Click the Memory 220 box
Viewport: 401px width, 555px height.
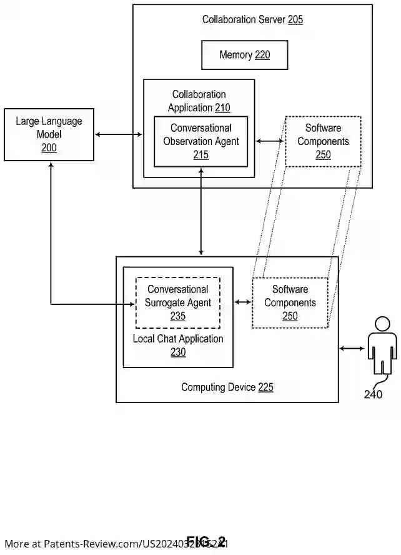tap(244, 55)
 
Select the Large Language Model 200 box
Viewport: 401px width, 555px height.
tap(49, 134)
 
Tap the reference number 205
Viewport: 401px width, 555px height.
tap(295, 19)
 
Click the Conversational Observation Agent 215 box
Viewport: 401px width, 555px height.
tap(200, 141)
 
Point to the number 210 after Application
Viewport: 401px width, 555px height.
tap(222, 108)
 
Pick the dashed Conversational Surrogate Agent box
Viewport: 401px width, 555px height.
tap(178, 302)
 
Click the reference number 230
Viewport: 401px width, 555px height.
tap(178, 352)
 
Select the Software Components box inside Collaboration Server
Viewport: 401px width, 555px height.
tap(323, 141)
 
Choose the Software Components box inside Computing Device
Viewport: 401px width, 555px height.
tap(290, 302)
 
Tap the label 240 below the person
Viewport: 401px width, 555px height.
tap(373, 394)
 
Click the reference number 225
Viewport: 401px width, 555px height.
tap(265, 387)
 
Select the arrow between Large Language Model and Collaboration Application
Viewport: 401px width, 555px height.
tap(119, 134)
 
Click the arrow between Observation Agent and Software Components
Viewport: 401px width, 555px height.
tap(270, 141)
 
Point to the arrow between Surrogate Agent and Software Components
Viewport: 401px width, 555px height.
tap(243, 302)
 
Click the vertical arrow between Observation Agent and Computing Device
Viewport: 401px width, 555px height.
tap(201, 212)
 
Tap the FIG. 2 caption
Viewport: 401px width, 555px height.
tap(205, 541)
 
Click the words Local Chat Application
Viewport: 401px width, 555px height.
tap(178, 339)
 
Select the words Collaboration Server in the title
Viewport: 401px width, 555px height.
tap(244, 19)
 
